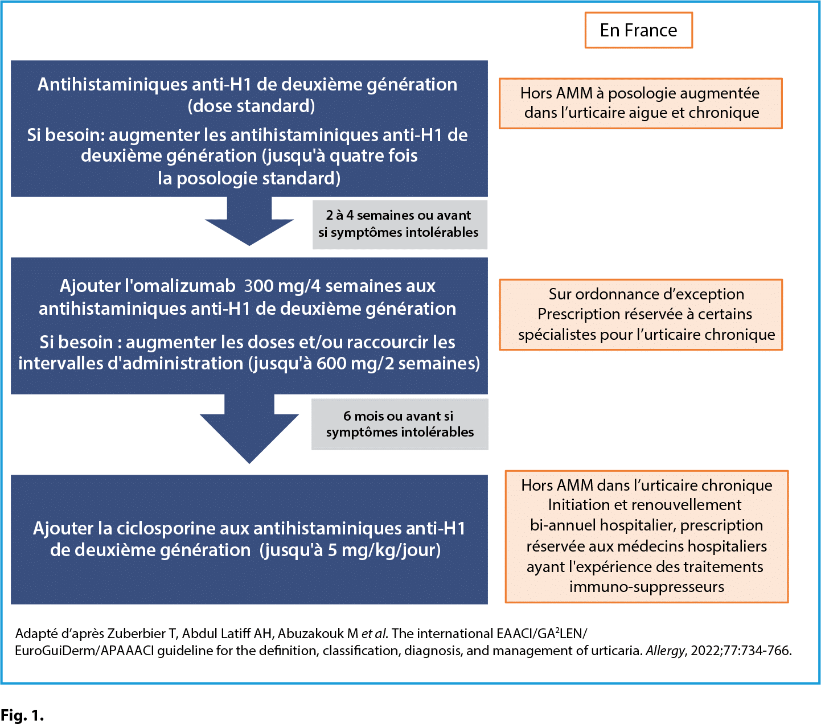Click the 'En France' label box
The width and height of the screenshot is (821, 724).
click(x=638, y=30)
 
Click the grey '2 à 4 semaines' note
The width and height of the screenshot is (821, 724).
click(x=399, y=224)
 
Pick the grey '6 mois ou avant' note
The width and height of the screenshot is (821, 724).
click(x=400, y=424)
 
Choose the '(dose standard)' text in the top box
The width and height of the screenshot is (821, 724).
click(x=251, y=106)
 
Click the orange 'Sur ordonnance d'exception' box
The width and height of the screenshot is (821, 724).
click(x=641, y=314)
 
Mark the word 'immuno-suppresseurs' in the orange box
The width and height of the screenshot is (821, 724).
click(x=646, y=587)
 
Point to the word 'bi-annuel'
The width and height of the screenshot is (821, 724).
click(x=561, y=525)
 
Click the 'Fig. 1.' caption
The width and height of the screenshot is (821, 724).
click(x=22, y=715)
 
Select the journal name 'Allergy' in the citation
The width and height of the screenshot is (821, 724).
click(x=664, y=651)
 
